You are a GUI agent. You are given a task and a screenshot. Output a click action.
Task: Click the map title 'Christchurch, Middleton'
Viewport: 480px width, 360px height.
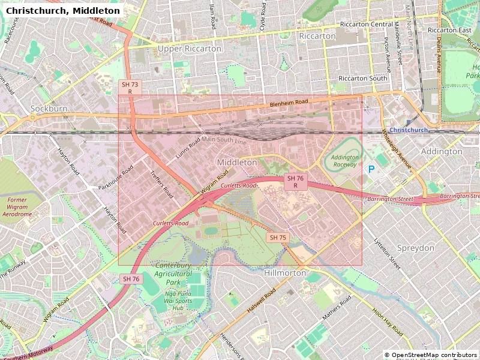62,11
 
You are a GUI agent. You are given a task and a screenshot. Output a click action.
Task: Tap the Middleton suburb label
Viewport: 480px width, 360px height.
237,163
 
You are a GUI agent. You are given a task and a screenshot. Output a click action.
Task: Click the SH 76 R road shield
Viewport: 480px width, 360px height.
296,182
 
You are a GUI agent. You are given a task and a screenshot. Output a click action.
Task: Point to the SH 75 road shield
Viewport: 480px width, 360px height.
278,238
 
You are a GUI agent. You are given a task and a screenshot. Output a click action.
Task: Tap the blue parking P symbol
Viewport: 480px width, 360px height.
371,170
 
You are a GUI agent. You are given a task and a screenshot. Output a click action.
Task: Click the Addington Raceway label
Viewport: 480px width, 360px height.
345,161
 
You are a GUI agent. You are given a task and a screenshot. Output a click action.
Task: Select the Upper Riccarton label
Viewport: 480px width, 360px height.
189,49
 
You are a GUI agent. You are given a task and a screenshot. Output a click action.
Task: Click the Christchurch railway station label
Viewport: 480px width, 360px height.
408,130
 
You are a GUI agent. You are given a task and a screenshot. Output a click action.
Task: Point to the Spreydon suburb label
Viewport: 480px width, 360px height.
415,248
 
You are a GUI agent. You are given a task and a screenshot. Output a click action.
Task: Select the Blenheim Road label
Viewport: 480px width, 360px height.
289,104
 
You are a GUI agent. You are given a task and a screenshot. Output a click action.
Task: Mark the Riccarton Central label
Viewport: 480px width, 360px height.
366,25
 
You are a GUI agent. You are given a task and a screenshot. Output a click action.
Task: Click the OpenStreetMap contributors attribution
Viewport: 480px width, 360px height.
431,355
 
